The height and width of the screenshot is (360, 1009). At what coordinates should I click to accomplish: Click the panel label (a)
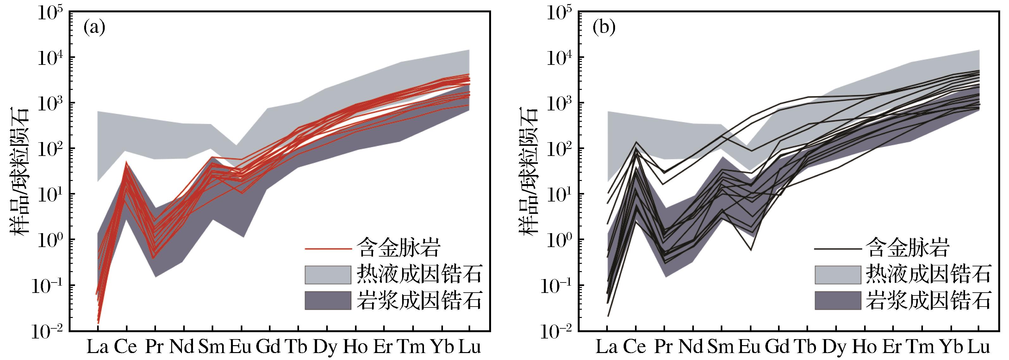coord(94,28)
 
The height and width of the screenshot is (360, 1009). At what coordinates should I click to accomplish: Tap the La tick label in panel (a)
coord(97,347)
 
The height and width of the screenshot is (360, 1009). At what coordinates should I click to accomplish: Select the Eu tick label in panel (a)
coord(240,347)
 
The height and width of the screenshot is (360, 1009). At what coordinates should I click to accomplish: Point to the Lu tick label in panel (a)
coord(469,347)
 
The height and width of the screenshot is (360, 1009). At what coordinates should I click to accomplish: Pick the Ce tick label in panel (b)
coord(635,347)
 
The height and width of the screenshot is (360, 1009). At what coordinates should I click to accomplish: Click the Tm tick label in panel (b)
coord(922,347)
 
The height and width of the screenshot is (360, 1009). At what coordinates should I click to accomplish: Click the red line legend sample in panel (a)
coord(328,248)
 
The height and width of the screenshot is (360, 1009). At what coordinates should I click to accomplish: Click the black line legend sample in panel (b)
coord(838,248)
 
